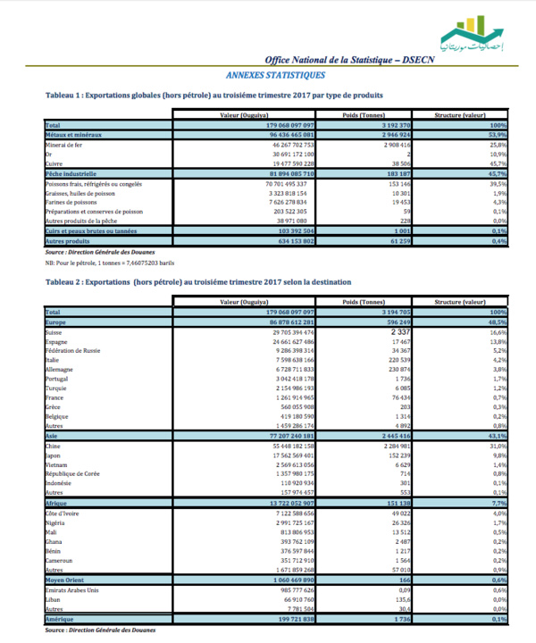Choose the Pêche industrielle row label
71,172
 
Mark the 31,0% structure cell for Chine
497,444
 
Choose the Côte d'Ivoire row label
63,513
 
